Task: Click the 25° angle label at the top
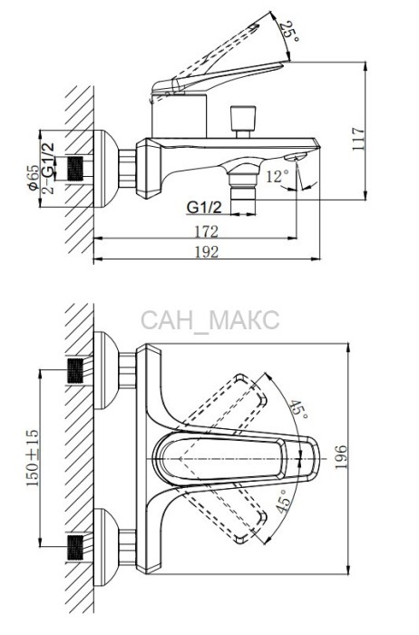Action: click(290, 32)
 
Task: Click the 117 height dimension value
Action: click(358, 139)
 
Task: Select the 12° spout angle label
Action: click(278, 177)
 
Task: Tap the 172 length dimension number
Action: click(207, 231)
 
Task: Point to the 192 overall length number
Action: click(207, 252)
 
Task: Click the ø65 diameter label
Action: click(34, 178)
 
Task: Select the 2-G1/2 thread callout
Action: click(48, 169)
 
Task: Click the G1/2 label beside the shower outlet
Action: click(204, 208)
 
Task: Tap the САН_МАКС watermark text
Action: click(210, 320)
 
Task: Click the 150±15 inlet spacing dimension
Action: click(33, 457)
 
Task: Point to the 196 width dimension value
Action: click(341, 457)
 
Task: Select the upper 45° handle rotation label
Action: click(298, 410)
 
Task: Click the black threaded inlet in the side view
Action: click(75, 169)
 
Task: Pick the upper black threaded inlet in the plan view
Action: click(75, 370)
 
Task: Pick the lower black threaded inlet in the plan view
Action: click(75, 547)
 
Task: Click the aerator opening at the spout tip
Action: click(297, 157)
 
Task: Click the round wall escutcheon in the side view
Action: click(106, 169)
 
